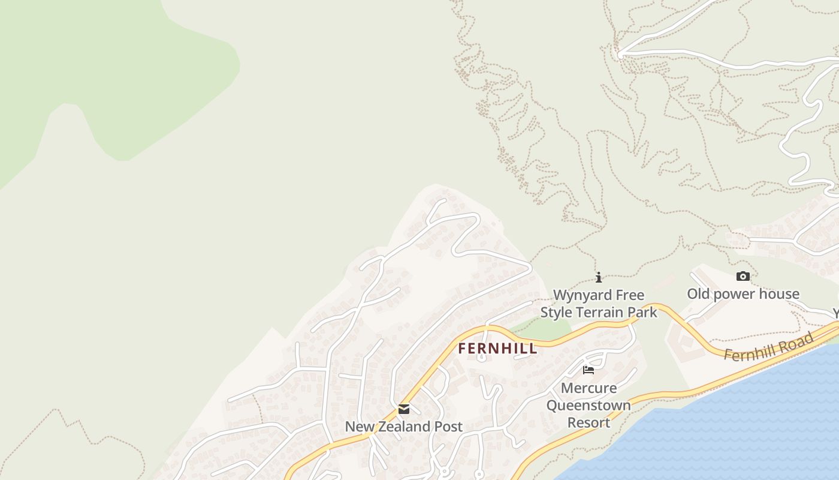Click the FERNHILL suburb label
(497, 349)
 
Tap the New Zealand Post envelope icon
(404, 409)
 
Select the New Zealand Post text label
(403, 427)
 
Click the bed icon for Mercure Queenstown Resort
(588, 370)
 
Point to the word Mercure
(588, 388)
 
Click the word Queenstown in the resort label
(588, 406)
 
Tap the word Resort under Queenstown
(588, 422)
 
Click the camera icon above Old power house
(743, 276)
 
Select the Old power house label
(743, 294)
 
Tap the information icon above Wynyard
(598, 277)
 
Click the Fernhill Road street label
(768, 347)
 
